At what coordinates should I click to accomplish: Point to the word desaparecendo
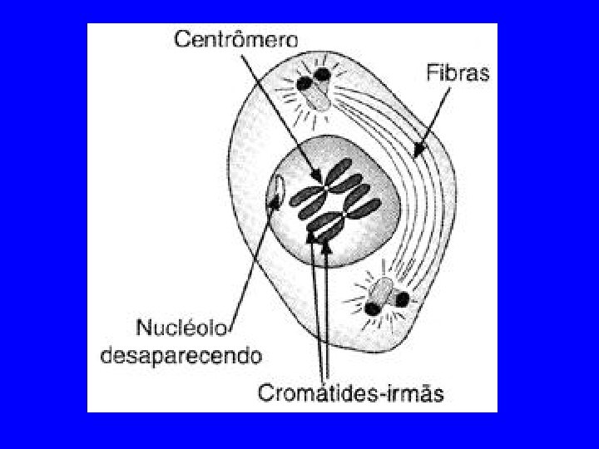pyautogui.click(x=181, y=355)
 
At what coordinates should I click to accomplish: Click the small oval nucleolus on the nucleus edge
pyautogui.click(x=275, y=190)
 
